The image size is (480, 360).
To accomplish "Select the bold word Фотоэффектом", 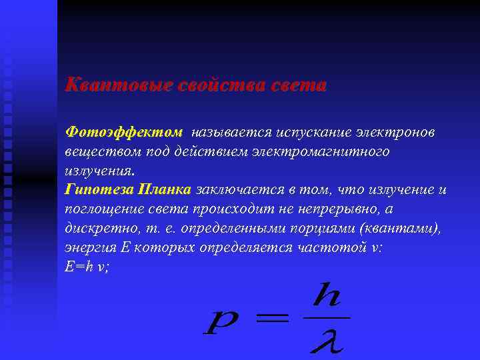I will point(123,133).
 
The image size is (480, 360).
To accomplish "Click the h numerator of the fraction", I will point(327,295).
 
